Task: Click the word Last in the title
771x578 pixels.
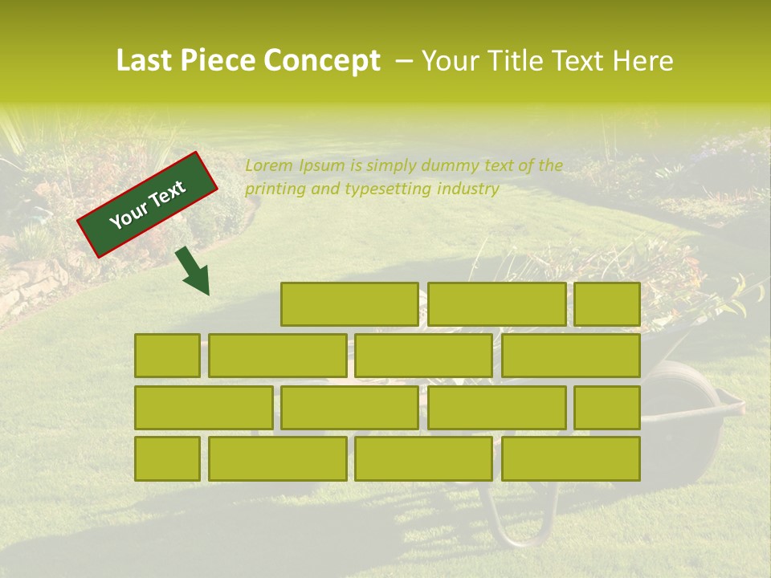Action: coord(145,61)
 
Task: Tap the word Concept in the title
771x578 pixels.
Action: coord(322,61)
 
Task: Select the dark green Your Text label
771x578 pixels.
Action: coord(148,205)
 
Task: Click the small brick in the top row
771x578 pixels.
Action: coord(607,304)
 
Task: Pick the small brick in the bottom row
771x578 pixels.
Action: coord(167,458)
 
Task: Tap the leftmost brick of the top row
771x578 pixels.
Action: coord(349,304)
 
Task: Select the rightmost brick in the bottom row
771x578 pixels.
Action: coord(571,458)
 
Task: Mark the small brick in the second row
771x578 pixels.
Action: coord(167,356)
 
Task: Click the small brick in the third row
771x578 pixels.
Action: coord(607,407)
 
